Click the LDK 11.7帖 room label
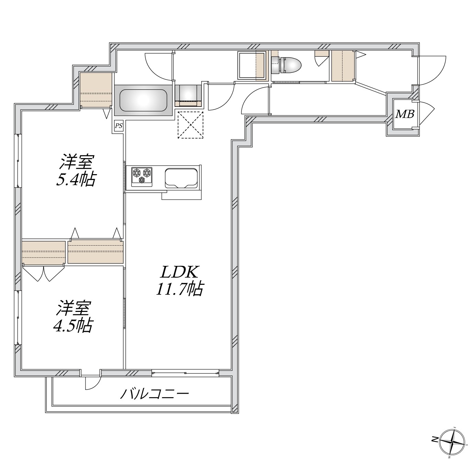(x=179, y=280)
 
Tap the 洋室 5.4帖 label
(x=76, y=170)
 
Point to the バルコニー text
(x=154, y=394)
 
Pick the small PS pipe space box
(x=119, y=126)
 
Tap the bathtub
(x=143, y=100)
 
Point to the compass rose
(x=453, y=441)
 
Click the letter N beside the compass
(x=435, y=439)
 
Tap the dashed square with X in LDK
(x=190, y=125)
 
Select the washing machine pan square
(x=251, y=65)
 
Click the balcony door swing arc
(x=93, y=383)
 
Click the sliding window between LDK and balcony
(x=185, y=373)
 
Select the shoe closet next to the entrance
(x=342, y=66)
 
